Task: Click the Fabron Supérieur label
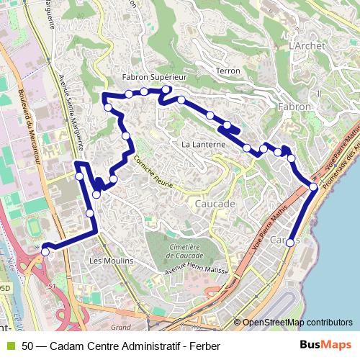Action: [155, 76]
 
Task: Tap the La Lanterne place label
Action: [204, 145]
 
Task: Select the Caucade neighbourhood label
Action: [215, 204]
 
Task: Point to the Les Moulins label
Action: [111, 260]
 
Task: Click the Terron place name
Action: [228, 71]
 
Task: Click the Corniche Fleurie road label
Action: [153, 174]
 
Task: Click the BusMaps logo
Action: [325, 346]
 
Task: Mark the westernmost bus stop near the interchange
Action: [45, 251]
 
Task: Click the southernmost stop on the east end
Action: [290, 243]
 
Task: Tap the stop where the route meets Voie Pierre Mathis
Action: [313, 187]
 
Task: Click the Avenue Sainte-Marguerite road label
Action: [73, 108]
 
